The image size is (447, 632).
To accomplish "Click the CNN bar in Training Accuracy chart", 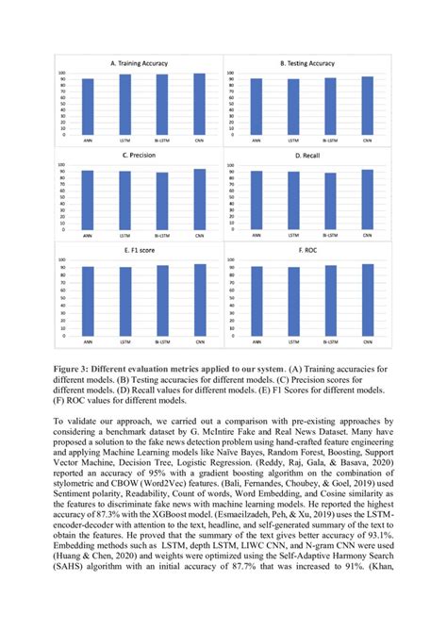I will click(x=198, y=105).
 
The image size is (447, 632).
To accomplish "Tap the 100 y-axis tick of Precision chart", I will click(x=62, y=165).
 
